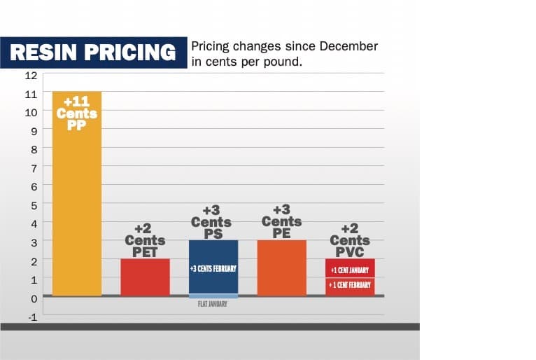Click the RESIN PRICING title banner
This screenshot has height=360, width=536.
click(x=94, y=52)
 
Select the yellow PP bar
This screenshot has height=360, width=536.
click(x=77, y=210)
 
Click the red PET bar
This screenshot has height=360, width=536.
click(x=145, y=277)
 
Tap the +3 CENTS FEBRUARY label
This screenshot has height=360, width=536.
click(x=213, y=268)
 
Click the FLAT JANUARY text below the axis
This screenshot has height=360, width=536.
click(x=213, y=305)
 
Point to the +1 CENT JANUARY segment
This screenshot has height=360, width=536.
click(x=350, y=268)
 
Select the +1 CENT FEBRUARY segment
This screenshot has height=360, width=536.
click(x=350, y=286)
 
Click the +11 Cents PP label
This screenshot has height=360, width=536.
click(x=77, y=113)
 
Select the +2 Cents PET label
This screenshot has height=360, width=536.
click(x=145, y=240)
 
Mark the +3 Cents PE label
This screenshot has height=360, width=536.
click(x=281, y=222)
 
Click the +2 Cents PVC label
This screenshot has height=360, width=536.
click(x=350, y=240)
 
